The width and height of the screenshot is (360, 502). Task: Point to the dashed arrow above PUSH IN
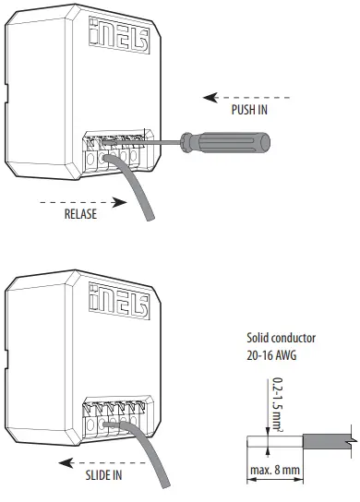(242, 95)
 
